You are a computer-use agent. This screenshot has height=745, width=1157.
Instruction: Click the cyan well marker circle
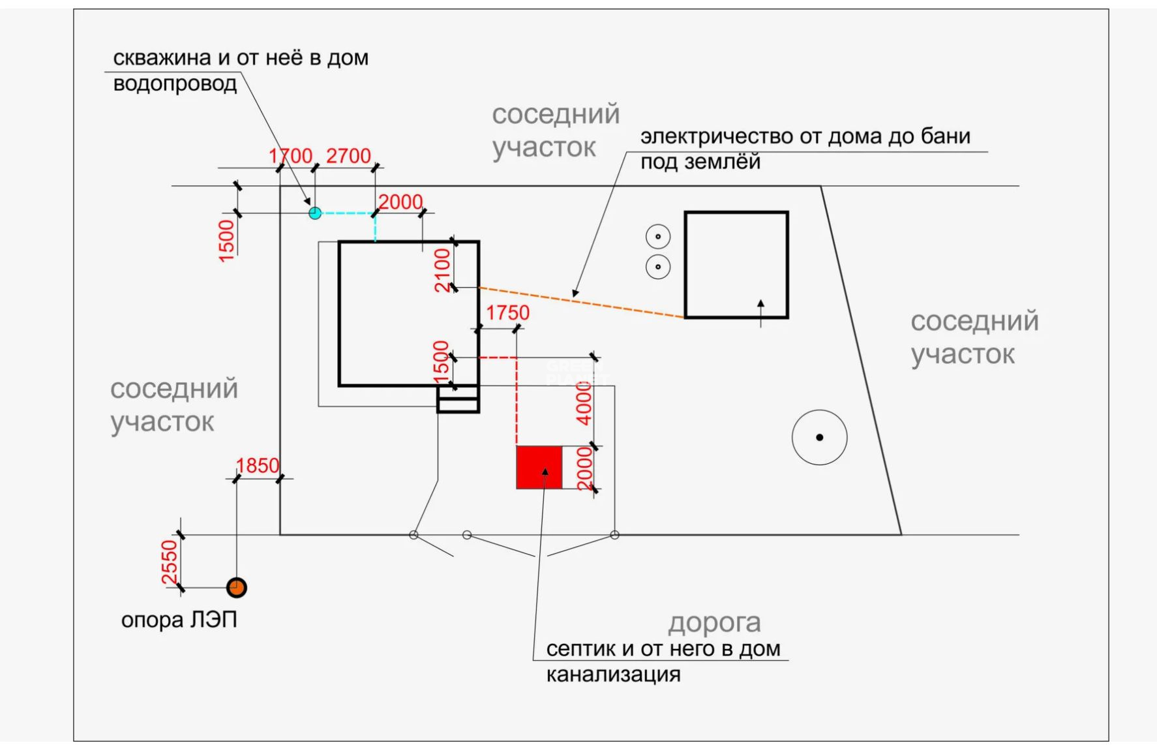coord(315,213)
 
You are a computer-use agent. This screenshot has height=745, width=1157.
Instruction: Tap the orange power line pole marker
coord(236,588)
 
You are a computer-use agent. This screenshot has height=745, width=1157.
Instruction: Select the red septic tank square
coord(539,468)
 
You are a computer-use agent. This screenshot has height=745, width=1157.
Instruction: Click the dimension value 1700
coord(291,156)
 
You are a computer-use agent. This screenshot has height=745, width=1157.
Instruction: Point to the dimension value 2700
coord(348,156)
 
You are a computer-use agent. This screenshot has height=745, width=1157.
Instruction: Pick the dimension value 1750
coord(507,313)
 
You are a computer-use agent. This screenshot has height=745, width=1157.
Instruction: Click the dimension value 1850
coord(258,466)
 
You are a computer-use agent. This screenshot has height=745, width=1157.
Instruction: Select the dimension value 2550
coord(169,562)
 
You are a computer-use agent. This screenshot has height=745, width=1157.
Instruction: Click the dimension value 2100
coord(442,271)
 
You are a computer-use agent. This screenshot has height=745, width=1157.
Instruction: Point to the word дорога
coord(714,624)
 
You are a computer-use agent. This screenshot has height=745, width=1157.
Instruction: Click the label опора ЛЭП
coord(179,620)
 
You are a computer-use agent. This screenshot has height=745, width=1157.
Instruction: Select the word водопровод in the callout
coord(175,85)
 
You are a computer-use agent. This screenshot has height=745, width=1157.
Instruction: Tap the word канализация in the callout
coord(613,675)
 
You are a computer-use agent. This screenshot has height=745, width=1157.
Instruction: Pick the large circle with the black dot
coord(820,438)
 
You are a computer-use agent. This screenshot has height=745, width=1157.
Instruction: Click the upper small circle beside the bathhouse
coord(658,237)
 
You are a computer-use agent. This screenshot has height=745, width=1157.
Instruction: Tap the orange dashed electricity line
coord(582,303)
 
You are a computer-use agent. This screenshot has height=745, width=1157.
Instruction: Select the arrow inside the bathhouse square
coord(760,313)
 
